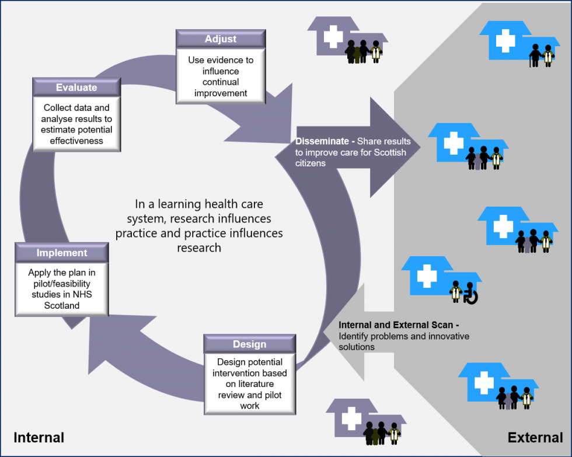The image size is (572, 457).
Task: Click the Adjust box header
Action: pos(221,39)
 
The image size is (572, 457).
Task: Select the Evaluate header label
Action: pos(76,88)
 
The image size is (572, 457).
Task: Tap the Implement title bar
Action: pos(62,252)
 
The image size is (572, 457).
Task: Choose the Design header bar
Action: pos(250,344)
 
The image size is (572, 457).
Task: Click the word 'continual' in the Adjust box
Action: pos(221,82)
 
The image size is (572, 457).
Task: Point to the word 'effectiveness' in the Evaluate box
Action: pos(76,141)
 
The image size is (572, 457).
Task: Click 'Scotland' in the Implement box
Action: pos(62,305)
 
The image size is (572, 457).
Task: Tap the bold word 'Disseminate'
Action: pos(322,141)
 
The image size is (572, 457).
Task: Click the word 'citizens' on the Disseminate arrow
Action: pos(311,163)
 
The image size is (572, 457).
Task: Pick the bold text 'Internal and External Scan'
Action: pos(396,325)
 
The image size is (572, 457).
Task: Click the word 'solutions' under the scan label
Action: pos(357,347)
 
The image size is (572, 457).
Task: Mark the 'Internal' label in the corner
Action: pos(39,437)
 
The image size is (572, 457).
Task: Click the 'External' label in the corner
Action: pos(535,437)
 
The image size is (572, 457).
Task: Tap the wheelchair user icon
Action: pos(470,293)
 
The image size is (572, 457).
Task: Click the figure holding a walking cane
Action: pos(535,55)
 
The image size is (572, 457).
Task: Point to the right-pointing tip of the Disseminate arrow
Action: pos(420,147)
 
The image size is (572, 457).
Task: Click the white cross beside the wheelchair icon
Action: pos(427,275)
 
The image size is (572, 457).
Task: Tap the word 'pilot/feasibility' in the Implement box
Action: pos(62,284)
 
